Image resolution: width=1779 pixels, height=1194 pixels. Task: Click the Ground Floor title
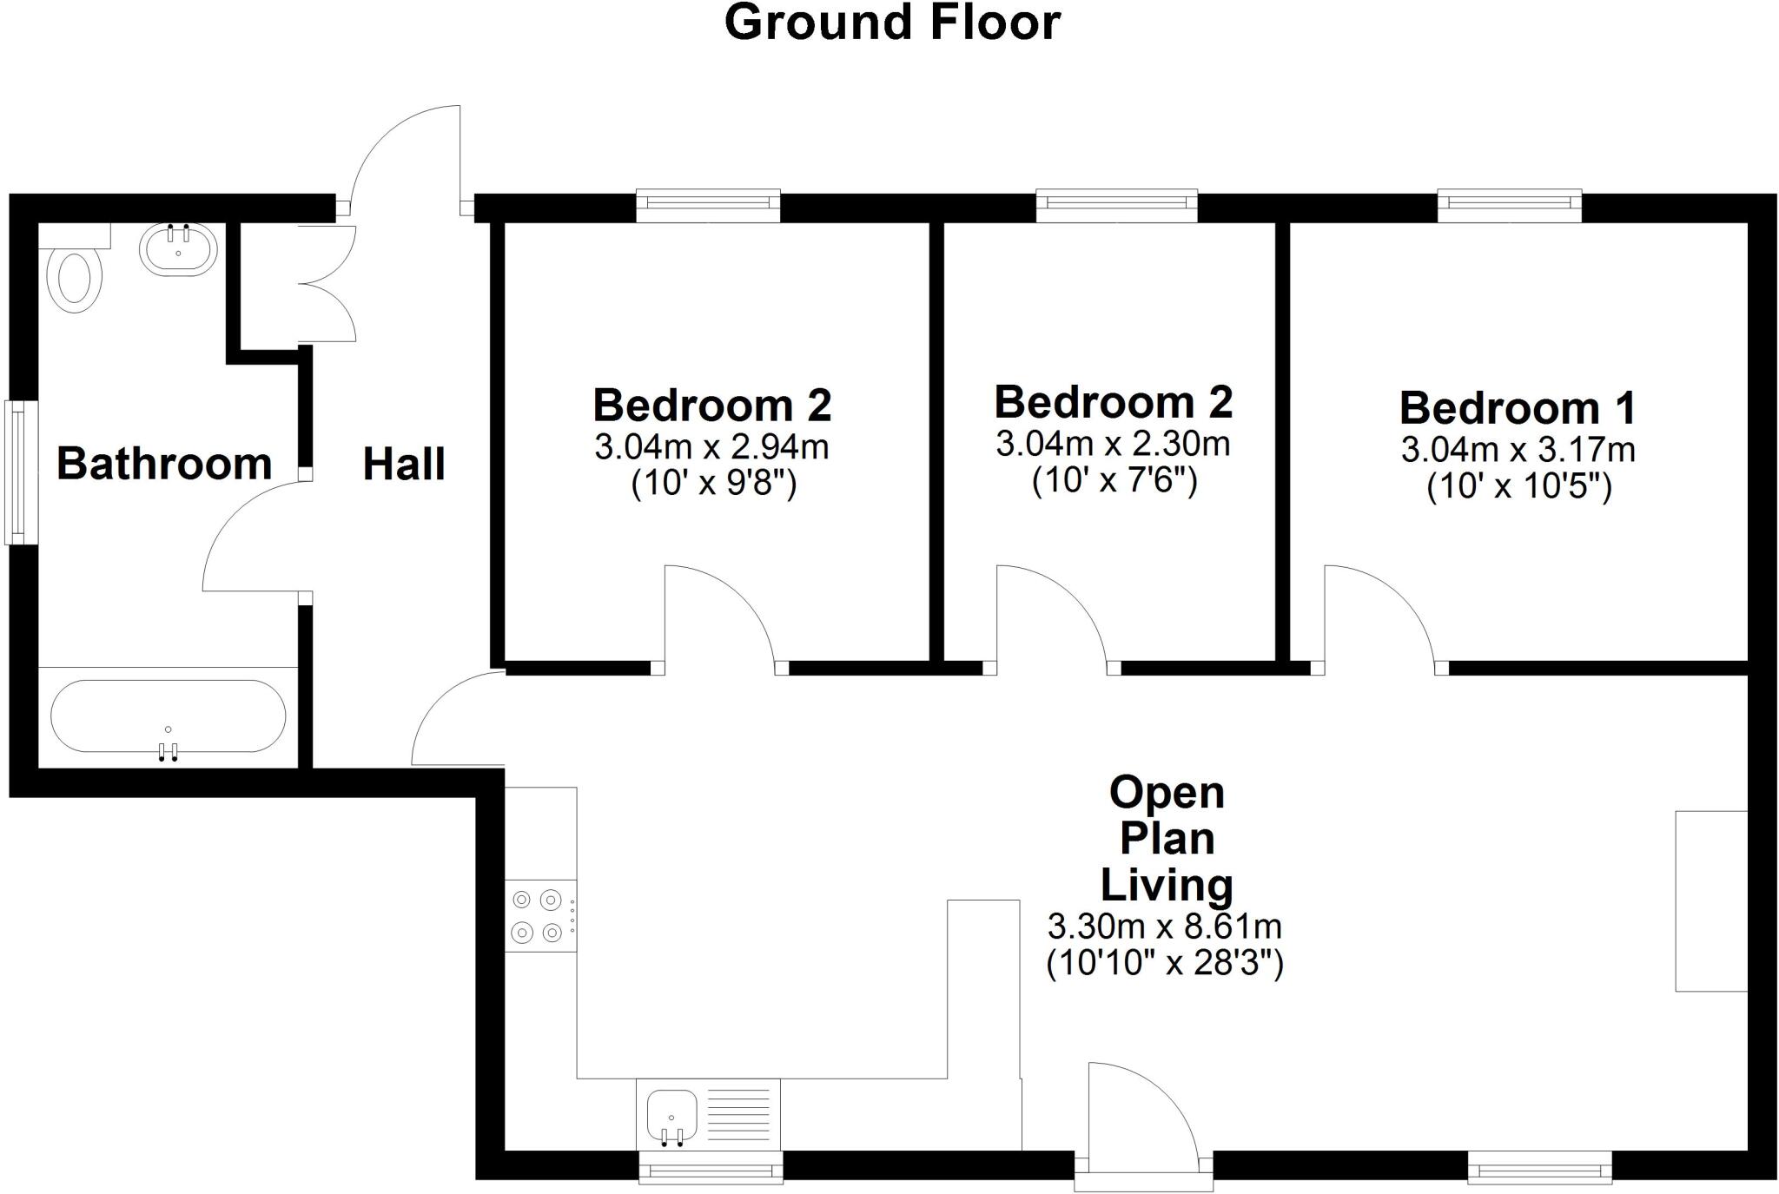click(892, 23)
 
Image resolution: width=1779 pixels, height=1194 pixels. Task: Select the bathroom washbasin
click(178, 251)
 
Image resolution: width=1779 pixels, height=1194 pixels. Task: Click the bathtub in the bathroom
click(168, 716)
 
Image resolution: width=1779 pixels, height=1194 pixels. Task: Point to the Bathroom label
click(164, 463)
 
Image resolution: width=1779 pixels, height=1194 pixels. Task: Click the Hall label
click(404, 464)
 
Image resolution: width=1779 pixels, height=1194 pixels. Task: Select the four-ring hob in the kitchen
click(539, 916)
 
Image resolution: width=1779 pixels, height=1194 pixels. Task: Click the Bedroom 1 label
click(1518, 407)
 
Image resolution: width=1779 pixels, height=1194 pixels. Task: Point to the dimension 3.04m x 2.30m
click(1113, 445)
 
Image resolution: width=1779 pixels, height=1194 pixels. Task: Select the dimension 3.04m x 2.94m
click(711, 447)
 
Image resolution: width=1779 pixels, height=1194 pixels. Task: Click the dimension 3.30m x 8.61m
click(1165, 927)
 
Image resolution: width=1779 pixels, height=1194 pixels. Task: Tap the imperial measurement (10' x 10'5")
click(1519, 486)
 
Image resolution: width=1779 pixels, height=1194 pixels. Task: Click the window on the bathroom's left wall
click(21, 472)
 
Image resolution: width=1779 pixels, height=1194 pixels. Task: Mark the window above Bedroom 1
click(1509, 204)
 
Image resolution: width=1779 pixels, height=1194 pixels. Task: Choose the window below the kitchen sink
click(711, 1168)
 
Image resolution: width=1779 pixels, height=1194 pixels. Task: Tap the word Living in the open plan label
click(1167, 885)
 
